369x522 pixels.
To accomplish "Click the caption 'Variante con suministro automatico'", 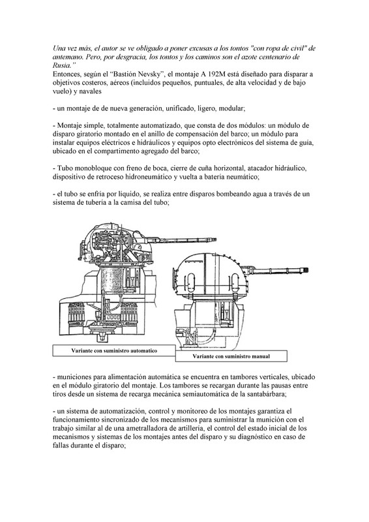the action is click(114, 350).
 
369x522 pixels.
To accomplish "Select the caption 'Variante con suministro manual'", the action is click(231, 356).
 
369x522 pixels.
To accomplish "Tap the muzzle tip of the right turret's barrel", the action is click(308, 269).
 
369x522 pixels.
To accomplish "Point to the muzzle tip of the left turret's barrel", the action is click(216, 239).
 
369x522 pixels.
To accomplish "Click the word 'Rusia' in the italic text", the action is click(61, 65).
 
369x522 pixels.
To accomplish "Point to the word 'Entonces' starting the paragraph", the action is click(65, 74).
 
